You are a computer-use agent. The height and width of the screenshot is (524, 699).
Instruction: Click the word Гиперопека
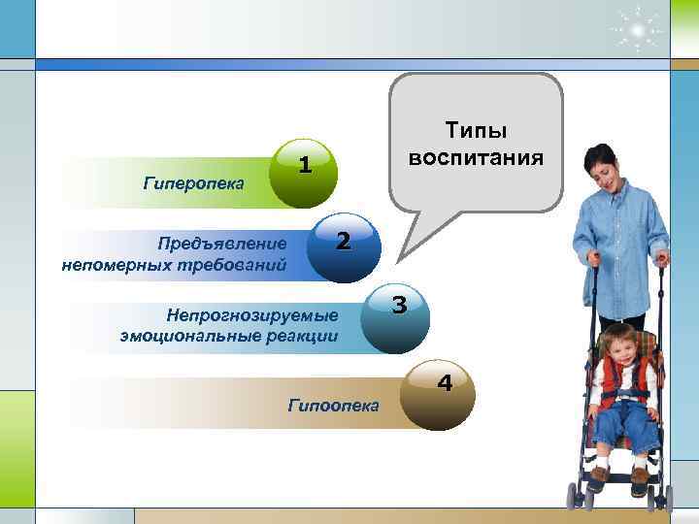193,181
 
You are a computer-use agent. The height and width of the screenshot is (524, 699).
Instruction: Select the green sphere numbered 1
304,174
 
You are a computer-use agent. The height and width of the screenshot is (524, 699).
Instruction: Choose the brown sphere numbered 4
435,394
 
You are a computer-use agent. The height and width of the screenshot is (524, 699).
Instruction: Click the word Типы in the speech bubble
476,132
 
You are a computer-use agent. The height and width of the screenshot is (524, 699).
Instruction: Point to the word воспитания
476,156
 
